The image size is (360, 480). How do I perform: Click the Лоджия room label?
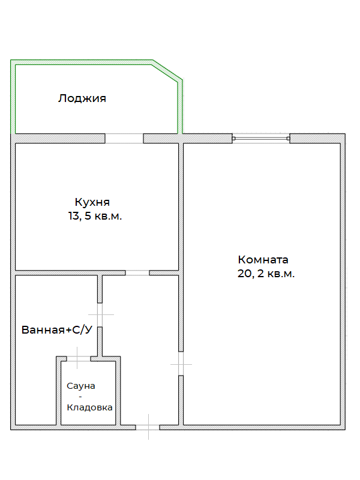pos(82,98)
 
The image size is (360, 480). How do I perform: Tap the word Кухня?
pos(92,202)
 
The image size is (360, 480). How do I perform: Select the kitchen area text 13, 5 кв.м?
pos(95,216)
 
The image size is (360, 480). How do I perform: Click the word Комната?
pos(263,260)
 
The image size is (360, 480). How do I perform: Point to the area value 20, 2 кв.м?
pos(266,274)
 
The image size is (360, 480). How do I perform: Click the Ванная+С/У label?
pos(56,330)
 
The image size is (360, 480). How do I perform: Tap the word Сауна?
pos(81,385)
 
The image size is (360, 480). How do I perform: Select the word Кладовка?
pos(89,407)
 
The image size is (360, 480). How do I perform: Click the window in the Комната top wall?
pos(262,139)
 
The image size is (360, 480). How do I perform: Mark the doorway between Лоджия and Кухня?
pos(124,138)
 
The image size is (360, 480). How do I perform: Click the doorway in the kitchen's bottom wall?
pos(137,273)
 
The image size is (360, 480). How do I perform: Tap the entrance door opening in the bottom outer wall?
pos(148,427)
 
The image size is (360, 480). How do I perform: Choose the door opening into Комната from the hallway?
pos(181,363)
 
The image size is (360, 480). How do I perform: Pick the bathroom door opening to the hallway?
pos(100,314)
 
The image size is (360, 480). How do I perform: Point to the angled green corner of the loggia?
pos(167,70)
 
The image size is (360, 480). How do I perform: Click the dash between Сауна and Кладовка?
pos(81,396)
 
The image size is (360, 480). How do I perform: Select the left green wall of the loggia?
pos(13,96)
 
